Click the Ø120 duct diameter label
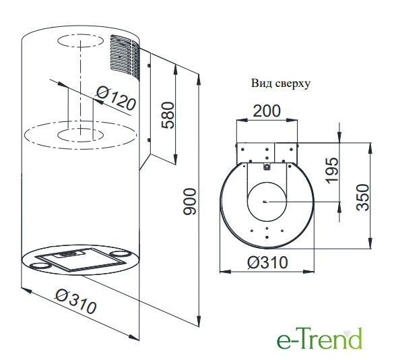[116, 98]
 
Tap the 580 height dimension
[168, 115]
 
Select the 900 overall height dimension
[189, 202]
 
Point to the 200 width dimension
[266, 111]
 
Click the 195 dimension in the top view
[331, 171]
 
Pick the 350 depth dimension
[363, 198]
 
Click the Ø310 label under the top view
[267, 262]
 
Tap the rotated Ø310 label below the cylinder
[75, 301]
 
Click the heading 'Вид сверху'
[281, 84]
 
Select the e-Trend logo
[320, 338]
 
